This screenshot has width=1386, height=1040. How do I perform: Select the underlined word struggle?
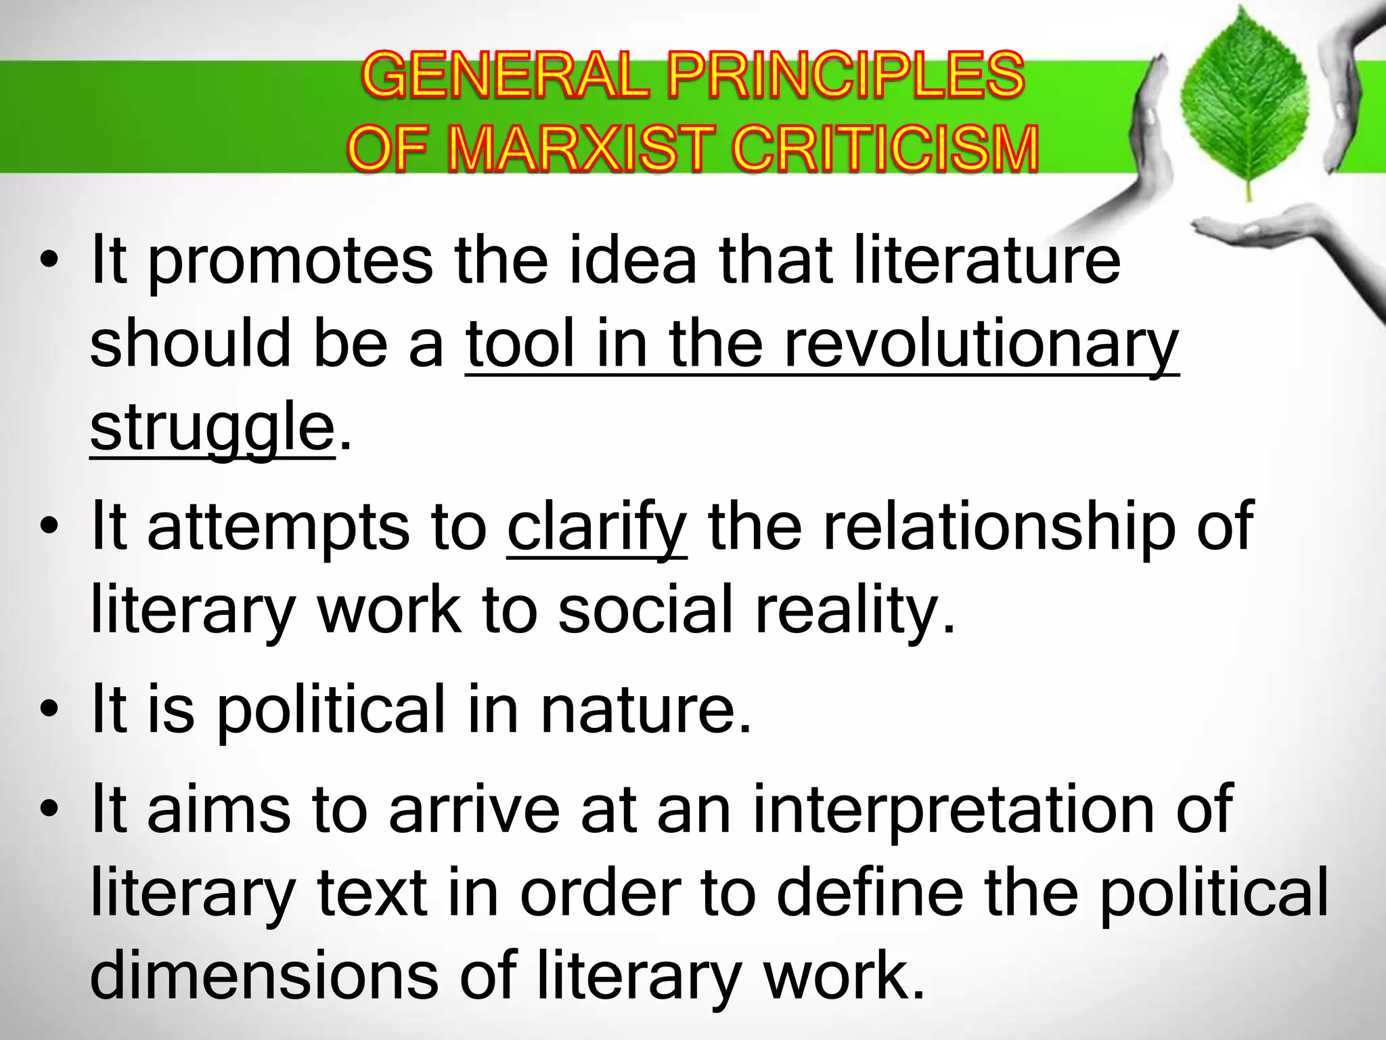coord(212,429)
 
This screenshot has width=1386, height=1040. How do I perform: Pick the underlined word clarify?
coord(597,527)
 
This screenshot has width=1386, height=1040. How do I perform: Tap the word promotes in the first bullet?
coord(290,263)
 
